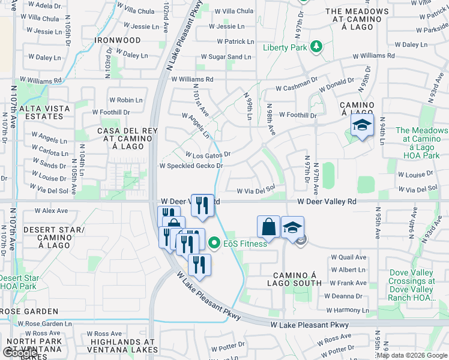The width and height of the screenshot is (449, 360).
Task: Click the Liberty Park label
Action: click(285, 47)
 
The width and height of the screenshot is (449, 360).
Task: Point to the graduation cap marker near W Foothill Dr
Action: click(362, 125)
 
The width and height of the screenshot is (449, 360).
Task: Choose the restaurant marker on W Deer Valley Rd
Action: click(202, 205)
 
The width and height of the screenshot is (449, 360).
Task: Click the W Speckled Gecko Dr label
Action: click(191, 166)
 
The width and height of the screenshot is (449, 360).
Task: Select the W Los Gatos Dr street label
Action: click(208, 155)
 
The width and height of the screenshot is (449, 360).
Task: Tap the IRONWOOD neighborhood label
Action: click(118, 40)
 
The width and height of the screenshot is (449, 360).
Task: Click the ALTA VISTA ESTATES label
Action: click(44, 113)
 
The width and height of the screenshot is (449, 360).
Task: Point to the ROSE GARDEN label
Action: click(29, 311)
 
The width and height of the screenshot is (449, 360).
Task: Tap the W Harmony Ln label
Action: click(346, 310)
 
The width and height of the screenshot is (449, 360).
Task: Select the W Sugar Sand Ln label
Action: click(226, 56)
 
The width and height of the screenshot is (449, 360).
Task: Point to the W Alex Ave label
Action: click(51, 211)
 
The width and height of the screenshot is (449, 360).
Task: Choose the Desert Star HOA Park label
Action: click(19, 283)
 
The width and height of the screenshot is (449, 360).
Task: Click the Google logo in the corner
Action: click(20, 352)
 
